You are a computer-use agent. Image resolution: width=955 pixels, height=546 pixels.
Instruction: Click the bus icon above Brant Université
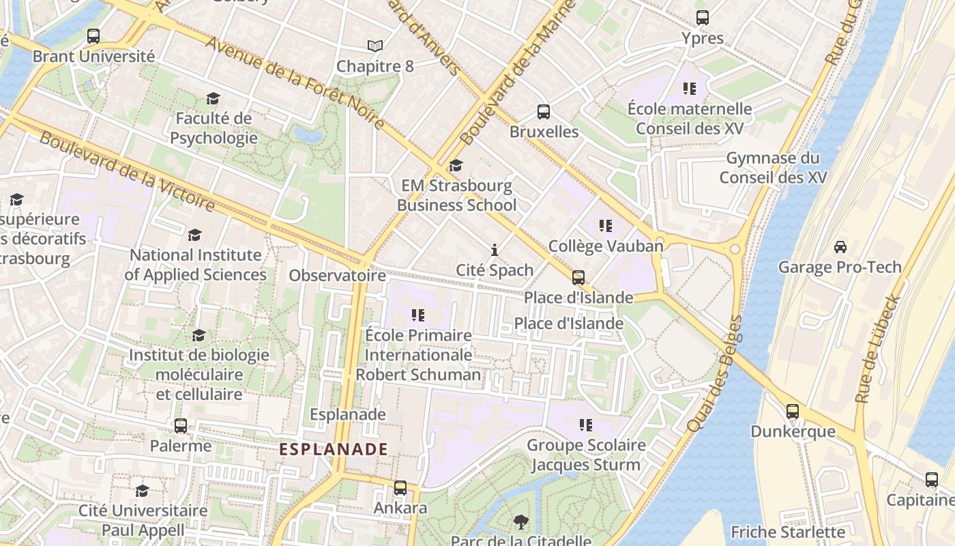click(93, 36)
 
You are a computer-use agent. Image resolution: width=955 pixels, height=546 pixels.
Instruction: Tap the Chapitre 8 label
click(375, 66)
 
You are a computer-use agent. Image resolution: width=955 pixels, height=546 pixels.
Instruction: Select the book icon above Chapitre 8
click(375, 46)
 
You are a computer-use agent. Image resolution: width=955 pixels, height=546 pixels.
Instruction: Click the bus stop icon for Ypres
click(702, 18)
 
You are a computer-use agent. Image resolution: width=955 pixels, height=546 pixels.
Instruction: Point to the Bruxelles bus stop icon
click(544, 111)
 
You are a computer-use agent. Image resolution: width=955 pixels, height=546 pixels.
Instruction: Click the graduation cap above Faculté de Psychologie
click(214, 99)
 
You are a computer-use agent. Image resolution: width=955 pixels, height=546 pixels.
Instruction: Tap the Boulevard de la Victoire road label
click(127, 170)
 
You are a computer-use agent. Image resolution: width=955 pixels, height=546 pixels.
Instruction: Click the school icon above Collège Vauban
click(605, 225)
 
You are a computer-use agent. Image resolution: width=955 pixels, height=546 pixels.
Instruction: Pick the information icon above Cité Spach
click(495, 250)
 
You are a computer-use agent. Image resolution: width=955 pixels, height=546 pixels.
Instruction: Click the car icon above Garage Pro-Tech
click(840, 246)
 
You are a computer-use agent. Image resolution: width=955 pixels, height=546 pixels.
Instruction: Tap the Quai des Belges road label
click(714, 373)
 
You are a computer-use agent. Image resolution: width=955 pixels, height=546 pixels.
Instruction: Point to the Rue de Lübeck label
click(879, 348)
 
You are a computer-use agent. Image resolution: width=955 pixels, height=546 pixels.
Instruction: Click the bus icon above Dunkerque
click(792, 411)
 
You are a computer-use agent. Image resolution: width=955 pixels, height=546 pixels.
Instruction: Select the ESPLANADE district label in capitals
click(334, 449)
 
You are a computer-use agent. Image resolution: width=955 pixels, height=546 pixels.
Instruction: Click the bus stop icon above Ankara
click(400, 488)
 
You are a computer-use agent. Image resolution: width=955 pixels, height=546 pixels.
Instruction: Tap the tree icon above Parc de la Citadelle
click(521, 522)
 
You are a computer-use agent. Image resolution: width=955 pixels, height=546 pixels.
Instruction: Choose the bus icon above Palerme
click(181, 426)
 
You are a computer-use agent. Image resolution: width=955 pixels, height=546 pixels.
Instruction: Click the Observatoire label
click(337, 276)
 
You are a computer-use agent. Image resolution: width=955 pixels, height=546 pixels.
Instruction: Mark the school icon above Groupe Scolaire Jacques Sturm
click(586, 425)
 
